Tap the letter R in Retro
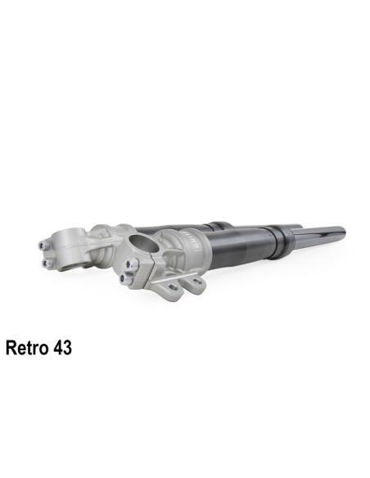tap(11, 348)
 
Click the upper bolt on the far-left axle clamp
tap(43, 243)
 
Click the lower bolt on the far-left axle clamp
tap(43, 262)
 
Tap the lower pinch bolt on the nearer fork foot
tap(125, 278)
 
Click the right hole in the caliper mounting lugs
tap(196, 283)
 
